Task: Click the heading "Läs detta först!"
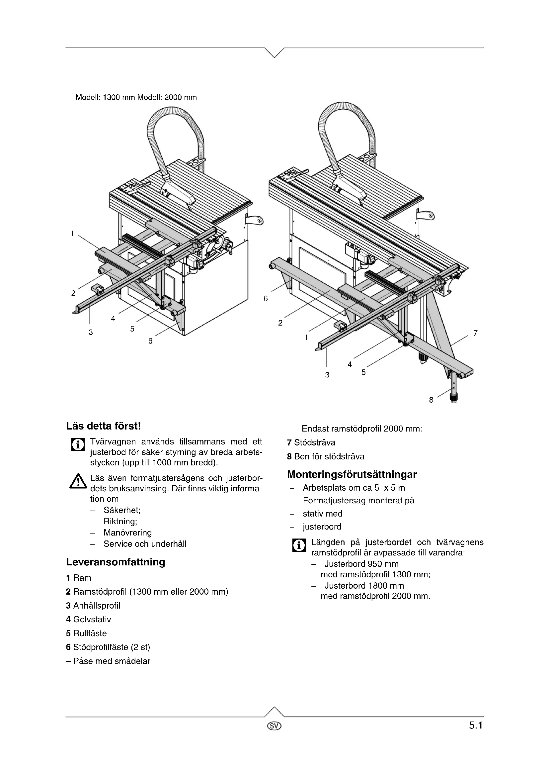[x=103, y=426]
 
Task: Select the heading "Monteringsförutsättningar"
[x=352, y=474]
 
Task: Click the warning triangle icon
[x=78, y=481]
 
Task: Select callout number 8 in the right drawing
[x=431, y=400]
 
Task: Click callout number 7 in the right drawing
[x=475, y=333]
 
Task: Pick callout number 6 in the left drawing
[x=150, y=341]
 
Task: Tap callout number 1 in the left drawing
[x=72, y=234]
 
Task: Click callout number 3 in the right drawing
[x=327, y=375]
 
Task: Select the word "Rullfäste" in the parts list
[x=90, y=633]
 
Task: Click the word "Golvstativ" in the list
[x=92, y=620]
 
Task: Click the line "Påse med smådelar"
[x=112, y=661]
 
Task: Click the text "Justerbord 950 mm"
[x=361, y=564]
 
